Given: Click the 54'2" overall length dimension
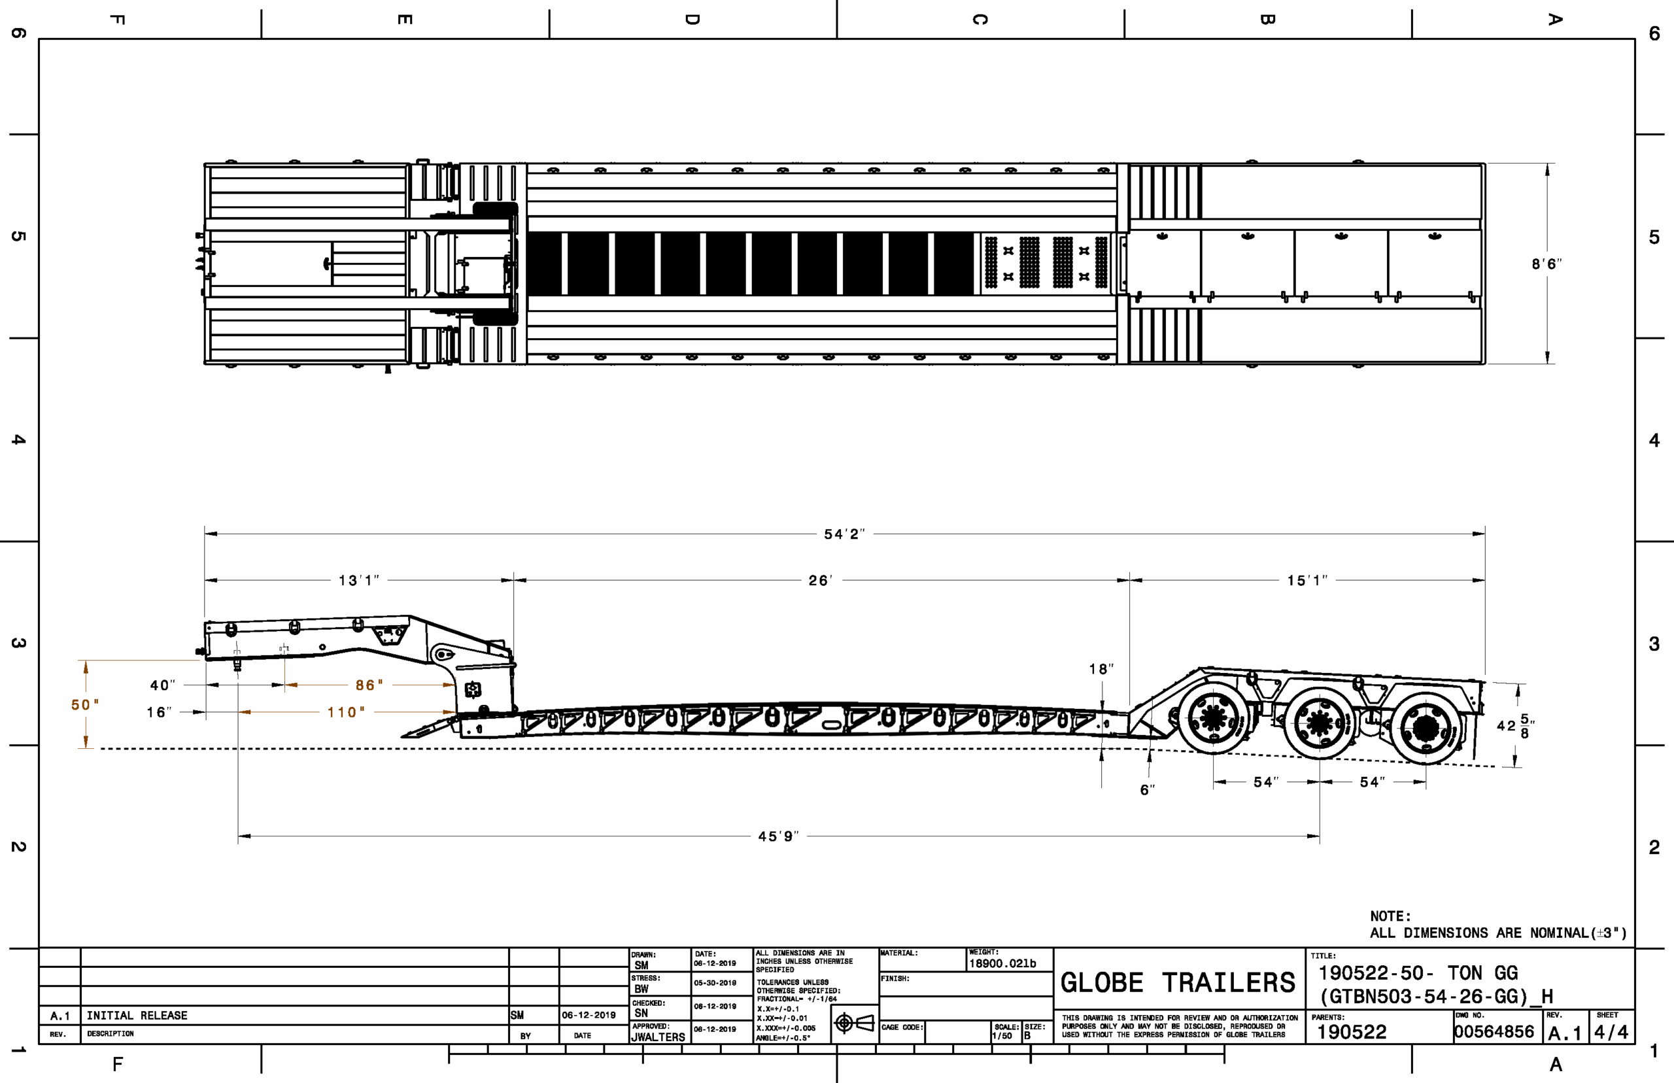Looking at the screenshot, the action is (844, 534).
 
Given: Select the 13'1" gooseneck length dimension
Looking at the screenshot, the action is (358, 581).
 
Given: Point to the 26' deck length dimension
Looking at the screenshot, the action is (821, 581).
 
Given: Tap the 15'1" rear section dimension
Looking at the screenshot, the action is (1307, 581).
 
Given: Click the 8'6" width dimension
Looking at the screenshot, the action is (1546, 264).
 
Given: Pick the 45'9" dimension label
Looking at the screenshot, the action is (778, 837).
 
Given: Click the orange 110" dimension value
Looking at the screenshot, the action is (346, 713).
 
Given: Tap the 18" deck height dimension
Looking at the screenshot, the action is (1101, 670).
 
